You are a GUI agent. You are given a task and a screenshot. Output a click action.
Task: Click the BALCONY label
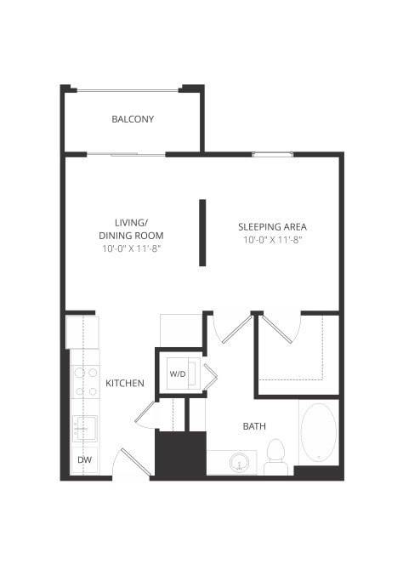tap(133, 119)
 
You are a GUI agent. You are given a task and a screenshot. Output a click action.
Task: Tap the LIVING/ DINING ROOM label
tap(130, 229)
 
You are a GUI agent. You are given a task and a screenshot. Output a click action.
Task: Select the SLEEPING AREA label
tap(271, 227)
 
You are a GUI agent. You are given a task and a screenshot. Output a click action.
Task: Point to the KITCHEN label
tap(124, 384)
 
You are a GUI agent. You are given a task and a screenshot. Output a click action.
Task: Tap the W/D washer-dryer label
tap(177, 373)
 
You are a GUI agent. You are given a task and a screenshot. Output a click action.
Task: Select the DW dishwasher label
tap(83, 460)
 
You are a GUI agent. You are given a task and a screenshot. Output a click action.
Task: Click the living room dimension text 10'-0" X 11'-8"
tap(130, 248)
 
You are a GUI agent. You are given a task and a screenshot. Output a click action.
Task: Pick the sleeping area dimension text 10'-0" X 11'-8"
tap(272, 240)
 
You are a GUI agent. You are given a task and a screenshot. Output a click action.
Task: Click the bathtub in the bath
tap(318, 433)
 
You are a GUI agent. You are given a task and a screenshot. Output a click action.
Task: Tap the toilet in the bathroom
tap(275, 458)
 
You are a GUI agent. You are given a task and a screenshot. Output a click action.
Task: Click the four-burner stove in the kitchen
tap(85, 381)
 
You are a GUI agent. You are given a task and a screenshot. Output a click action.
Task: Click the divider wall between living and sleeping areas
tap(202, 232)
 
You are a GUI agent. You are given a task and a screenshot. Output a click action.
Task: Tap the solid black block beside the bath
tap(180, 455)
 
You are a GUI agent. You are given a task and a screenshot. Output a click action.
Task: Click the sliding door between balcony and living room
tap(126, 154)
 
